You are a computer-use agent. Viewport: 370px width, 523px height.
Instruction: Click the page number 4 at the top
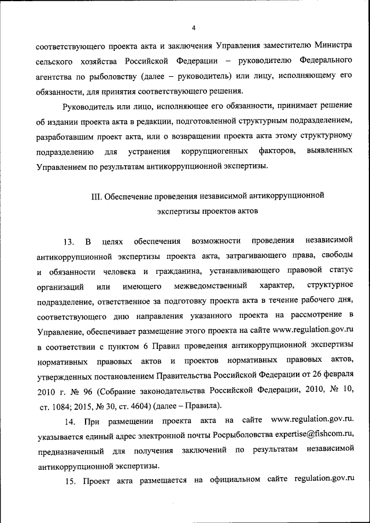[x=194, y=28]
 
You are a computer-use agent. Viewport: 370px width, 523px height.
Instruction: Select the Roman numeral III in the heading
[x=97, y=196]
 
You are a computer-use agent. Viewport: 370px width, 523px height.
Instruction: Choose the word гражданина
[x=168, y=271]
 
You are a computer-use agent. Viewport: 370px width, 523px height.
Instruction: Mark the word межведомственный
[x=211, y=286]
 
